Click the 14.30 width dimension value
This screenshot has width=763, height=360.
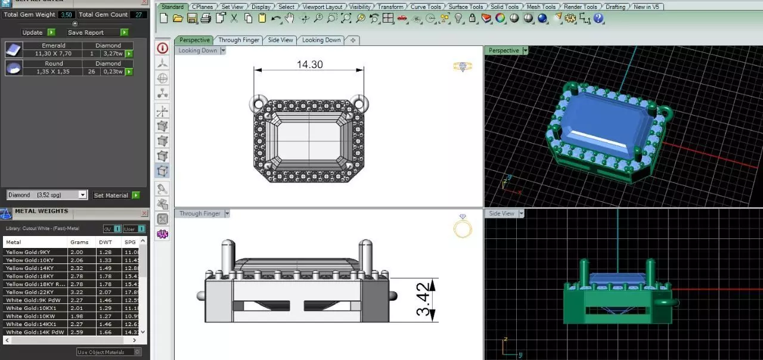point(309,64)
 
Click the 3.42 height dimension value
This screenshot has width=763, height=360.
point(423,300)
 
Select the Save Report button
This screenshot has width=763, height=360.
point(86,32)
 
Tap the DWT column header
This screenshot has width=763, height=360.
point(105,242)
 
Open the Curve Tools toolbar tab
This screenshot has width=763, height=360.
point(426,7)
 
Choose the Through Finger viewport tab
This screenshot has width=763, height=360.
point(238,40)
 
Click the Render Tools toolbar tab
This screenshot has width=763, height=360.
point(580,7)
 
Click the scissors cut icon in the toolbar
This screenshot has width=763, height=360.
point(234,18)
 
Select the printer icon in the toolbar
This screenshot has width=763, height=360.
point(206,18)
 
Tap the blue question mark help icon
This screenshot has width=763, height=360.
point(599,18)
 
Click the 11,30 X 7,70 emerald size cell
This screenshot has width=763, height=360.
point(53,54)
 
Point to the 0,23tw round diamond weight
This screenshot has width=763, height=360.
point(111,72)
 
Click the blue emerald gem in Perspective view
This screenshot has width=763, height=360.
point(605,123)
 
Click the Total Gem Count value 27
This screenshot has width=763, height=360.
point(139,14)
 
